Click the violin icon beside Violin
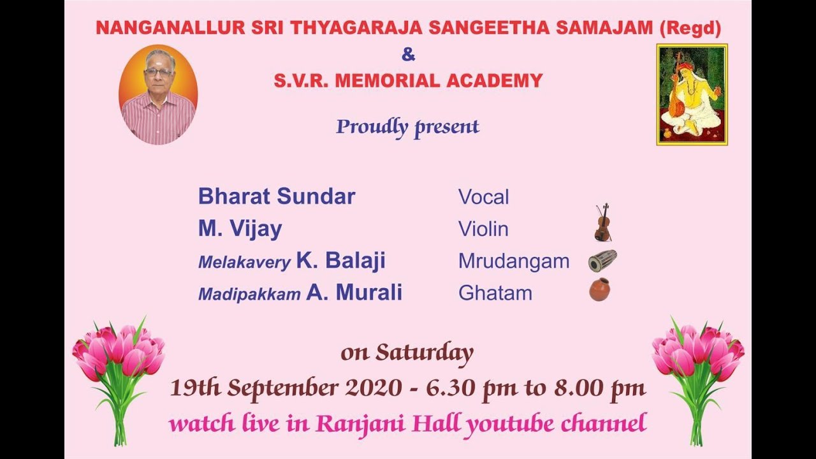(x=602, y=223)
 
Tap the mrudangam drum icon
(x=602, y=261)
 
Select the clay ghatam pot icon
(x=599, y=290)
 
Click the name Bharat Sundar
(x=276, y=196)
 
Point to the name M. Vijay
(x=240, y=229)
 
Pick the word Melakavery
(x=244, y=262)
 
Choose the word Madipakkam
(x=249, y=294)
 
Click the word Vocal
(x=483, y=197)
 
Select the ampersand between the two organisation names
(x=408, y=55)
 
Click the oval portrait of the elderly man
(x=158, y=94)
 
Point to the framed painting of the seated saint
(x=692, y=94)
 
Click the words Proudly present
(x=407, y=127)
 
